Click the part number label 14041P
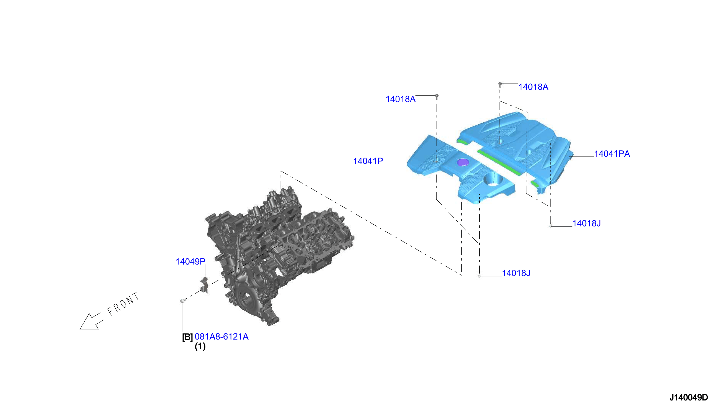coord(368,161)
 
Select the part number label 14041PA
coord(612,154)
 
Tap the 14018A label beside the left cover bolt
coord(401,99)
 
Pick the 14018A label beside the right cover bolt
coord(533,87)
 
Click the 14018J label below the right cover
coord(587,223)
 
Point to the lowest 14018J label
coord(516,273)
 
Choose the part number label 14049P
coord(190,261)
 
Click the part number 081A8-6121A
coord(221,336)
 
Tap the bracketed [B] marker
coord(187,337)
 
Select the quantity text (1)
coord(200,346)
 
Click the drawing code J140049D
coord(688,397)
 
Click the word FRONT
coord(123,304)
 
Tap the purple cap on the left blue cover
coord(463,162)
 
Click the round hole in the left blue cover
coord(493,179)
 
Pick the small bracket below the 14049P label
coord(205,285)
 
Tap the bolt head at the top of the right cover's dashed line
coord(500,84)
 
